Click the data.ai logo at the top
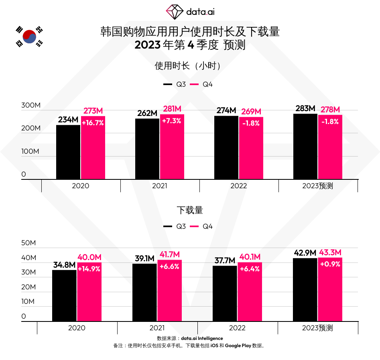(190, 12)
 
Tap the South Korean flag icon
(29, 37)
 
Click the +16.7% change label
(93, 123)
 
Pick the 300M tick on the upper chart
(31, 106)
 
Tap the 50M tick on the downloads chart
(29, 243)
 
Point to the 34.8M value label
(64, 265)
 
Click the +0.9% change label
(330, 264)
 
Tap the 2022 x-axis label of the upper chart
(239, 186)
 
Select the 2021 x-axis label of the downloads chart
(157, 328)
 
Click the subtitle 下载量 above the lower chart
(190, 210)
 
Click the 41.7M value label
(169, 254)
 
